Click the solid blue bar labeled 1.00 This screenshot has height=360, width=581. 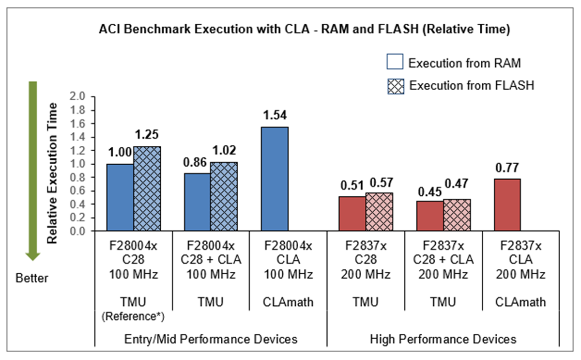tap(120, 198)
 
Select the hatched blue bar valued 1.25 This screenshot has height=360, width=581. tap(147, 189)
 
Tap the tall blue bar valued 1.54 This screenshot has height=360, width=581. tap(275, 179)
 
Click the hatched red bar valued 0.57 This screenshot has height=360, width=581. tap(379, 212)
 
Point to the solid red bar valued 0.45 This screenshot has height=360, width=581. tap(429, 216)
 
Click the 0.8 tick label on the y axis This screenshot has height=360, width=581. tap(78, 177)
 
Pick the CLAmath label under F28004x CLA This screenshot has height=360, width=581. tap(289, 303)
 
